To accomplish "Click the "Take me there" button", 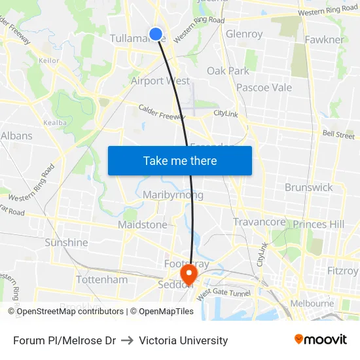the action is (x=180, y=161).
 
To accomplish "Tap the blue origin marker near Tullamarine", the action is (x=156, y=34).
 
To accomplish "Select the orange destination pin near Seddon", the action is (x=189, y=273).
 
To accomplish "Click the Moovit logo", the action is (x=320, y=340).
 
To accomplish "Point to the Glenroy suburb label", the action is (x=244, y=34).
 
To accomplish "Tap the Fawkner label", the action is (x=324, y=40).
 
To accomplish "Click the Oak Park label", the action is (x=228, y=71).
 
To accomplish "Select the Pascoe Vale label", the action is (x=264, y=88).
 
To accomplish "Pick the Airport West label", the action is (x=160, y=81).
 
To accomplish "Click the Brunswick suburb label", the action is (x=308, y=187).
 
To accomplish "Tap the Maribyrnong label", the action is (x=173, y=195).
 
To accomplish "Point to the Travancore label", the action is (x=259, y=223).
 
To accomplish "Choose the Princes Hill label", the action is (x=319, y=225).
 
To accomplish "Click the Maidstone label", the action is (x=143, y=225).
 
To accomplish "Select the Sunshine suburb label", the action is (x=66, y=243).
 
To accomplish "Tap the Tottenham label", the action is (x=102, y=279).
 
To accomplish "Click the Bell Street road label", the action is (x=338, y=135).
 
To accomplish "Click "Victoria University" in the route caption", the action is (x=183, y=340).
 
